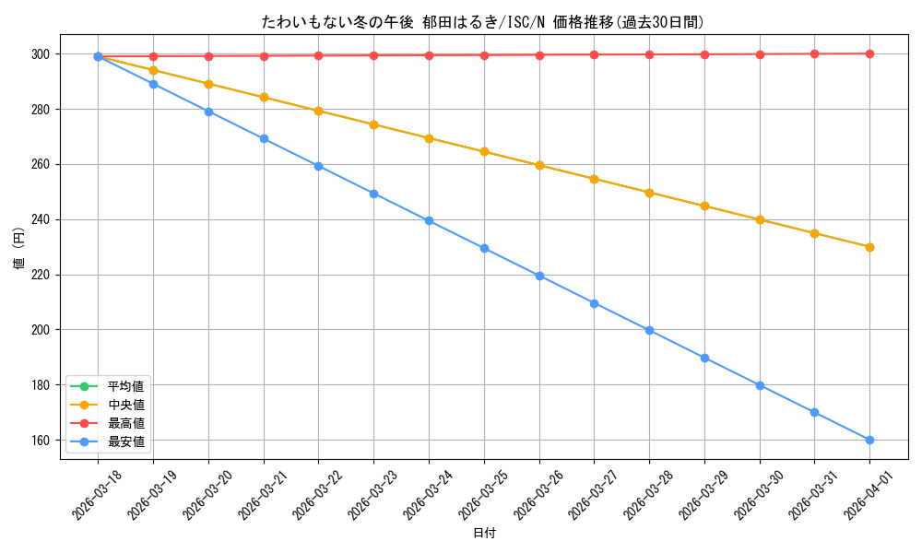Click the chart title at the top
tap(489, 22)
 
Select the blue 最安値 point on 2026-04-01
tap(869, 440)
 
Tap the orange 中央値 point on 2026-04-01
tap(869, 247)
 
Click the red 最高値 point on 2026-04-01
tap(869, 53)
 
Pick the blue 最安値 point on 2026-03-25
tap(484, 248)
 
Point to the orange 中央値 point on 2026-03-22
tap(318, 111)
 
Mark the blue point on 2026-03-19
tap(153, 84)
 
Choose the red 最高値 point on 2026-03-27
tap(594, 54)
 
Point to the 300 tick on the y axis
tap(42, 54)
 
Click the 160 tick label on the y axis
tap(42, 440)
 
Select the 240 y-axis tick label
tap(42, 219)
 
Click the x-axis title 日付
tap(484, 534)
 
